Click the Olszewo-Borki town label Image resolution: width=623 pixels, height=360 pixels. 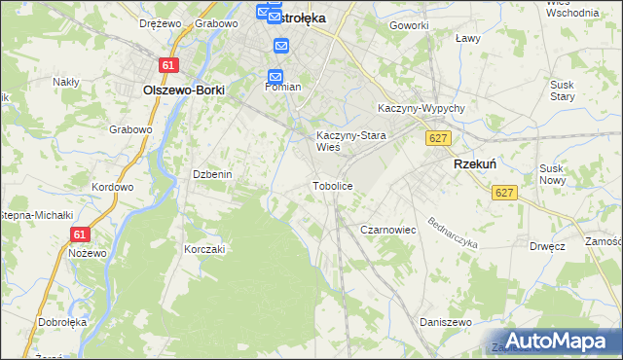coord(184,90)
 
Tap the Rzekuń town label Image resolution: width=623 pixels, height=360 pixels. coord(476,165)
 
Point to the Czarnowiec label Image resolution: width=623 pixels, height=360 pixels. coord(388,230)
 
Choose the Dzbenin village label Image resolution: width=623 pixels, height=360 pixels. coord(211,174)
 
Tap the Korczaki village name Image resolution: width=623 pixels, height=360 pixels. coord(204,249)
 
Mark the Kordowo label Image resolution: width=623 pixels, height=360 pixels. coord(112,186)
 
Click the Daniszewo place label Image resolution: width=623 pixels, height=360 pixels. coord(445,322)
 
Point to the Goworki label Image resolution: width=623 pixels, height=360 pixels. coord(409,25)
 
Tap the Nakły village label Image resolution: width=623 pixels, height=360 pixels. coord(66,82)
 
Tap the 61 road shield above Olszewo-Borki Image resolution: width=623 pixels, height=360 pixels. coord(169,64)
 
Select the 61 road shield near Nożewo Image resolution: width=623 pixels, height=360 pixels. coord(80,234)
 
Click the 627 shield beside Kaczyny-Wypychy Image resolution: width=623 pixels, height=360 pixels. coord(438,139)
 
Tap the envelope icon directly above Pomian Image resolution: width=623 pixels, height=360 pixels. coord(275,76)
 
